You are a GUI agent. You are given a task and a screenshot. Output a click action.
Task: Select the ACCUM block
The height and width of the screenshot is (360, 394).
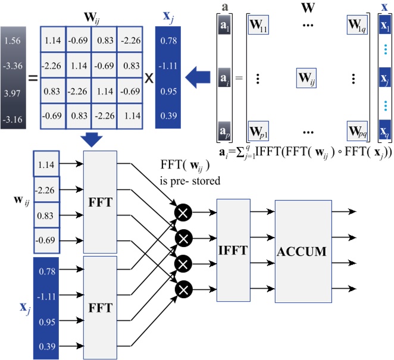point(302,251)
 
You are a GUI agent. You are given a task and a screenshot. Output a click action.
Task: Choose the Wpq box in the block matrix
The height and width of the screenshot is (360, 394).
point(359,130)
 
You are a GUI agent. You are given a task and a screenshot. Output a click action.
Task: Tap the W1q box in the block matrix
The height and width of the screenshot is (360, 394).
point(359,26)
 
